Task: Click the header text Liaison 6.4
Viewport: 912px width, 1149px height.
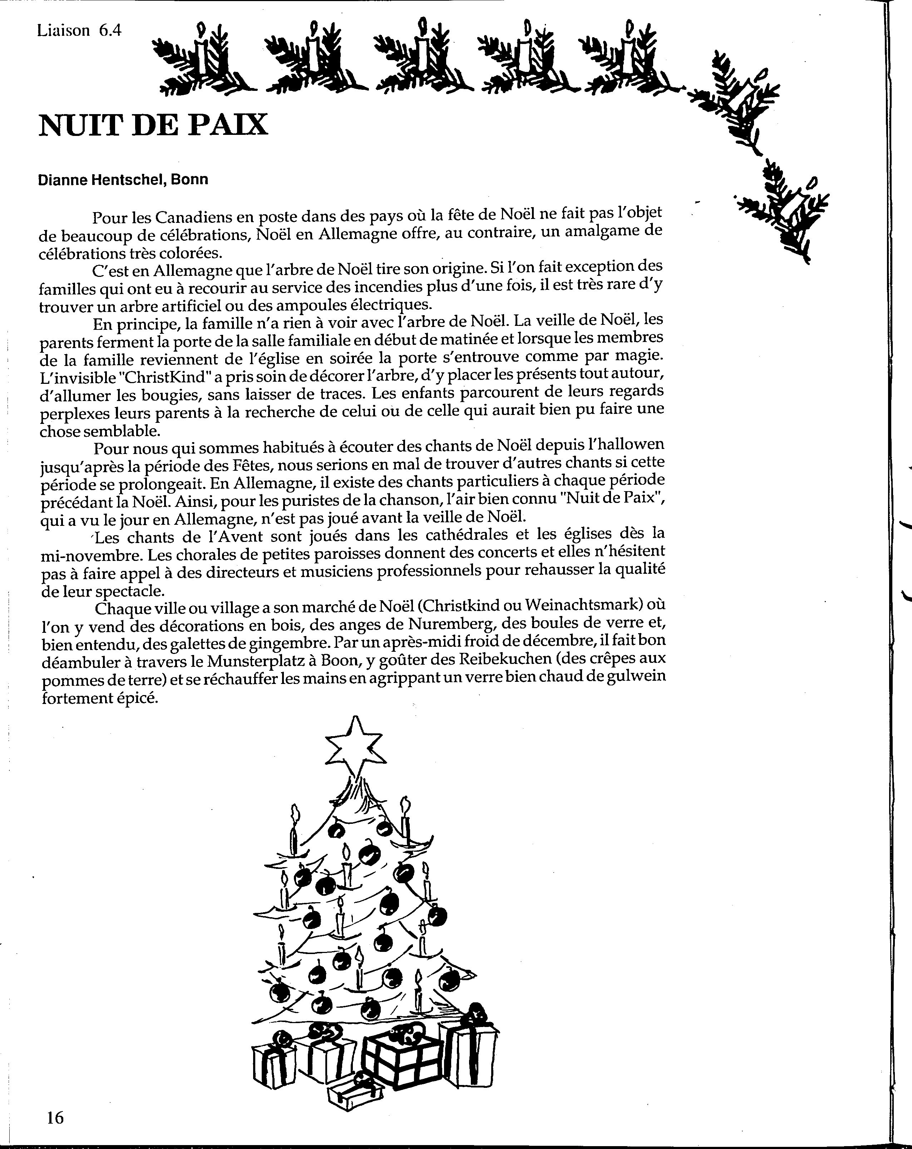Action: click(79, 31)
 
